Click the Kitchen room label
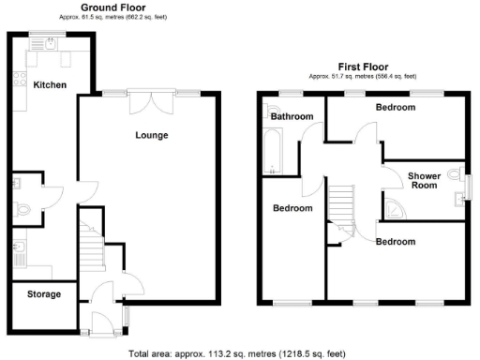click(50, 85)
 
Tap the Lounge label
click(152, 135)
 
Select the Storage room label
click(44, 294)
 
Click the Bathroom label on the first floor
click(291, 117)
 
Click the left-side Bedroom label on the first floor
click(292, 208)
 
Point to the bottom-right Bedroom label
click(395, 241)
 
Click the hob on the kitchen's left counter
click(18, 84)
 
